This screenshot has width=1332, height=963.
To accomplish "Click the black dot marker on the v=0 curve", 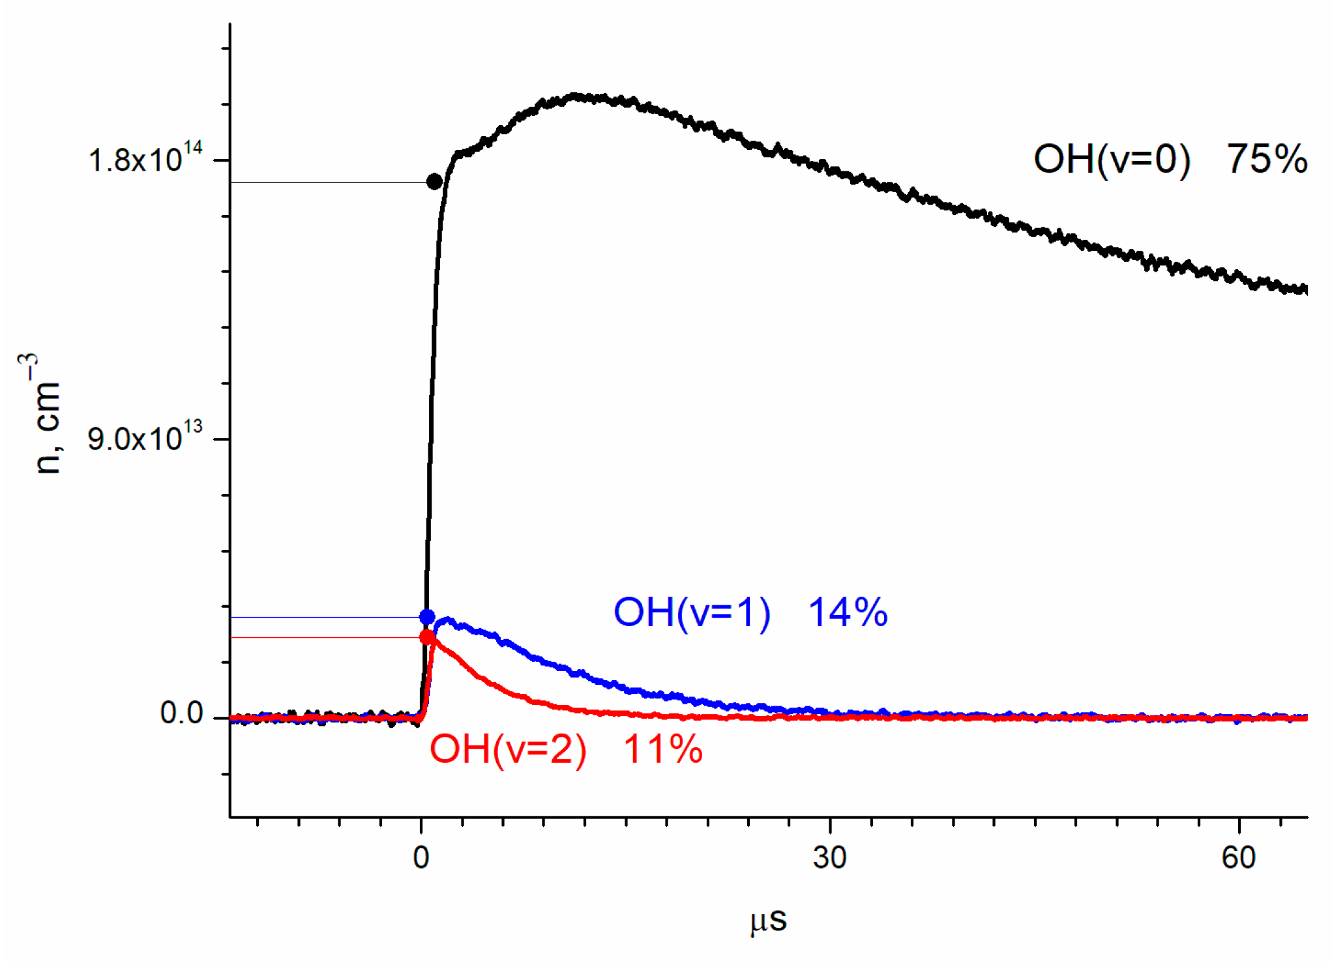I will (434, 182).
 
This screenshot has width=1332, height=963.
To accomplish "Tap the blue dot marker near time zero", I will (427, 616).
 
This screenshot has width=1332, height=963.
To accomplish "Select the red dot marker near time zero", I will (427, 637).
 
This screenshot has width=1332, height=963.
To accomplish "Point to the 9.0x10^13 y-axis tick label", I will (145, 438).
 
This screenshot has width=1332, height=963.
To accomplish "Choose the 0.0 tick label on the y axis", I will (182, 713).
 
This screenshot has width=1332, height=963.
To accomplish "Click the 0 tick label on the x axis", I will (421, 858).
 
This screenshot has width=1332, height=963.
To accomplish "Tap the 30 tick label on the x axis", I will (829, 858).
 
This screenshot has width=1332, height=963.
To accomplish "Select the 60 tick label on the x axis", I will (1238, 858).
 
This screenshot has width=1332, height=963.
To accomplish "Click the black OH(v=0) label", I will (1112, 160).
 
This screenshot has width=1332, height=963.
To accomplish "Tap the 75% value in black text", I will (1266, 160).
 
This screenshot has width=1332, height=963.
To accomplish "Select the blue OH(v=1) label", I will (692, 612).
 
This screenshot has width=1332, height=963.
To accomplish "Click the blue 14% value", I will (848, 612).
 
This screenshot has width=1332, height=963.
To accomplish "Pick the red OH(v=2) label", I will (508, 749).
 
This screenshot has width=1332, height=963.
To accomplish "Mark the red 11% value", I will (662, 749).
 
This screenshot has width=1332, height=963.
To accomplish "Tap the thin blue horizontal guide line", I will (326, 617).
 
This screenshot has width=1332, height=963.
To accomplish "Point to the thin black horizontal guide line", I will (326, 182).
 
